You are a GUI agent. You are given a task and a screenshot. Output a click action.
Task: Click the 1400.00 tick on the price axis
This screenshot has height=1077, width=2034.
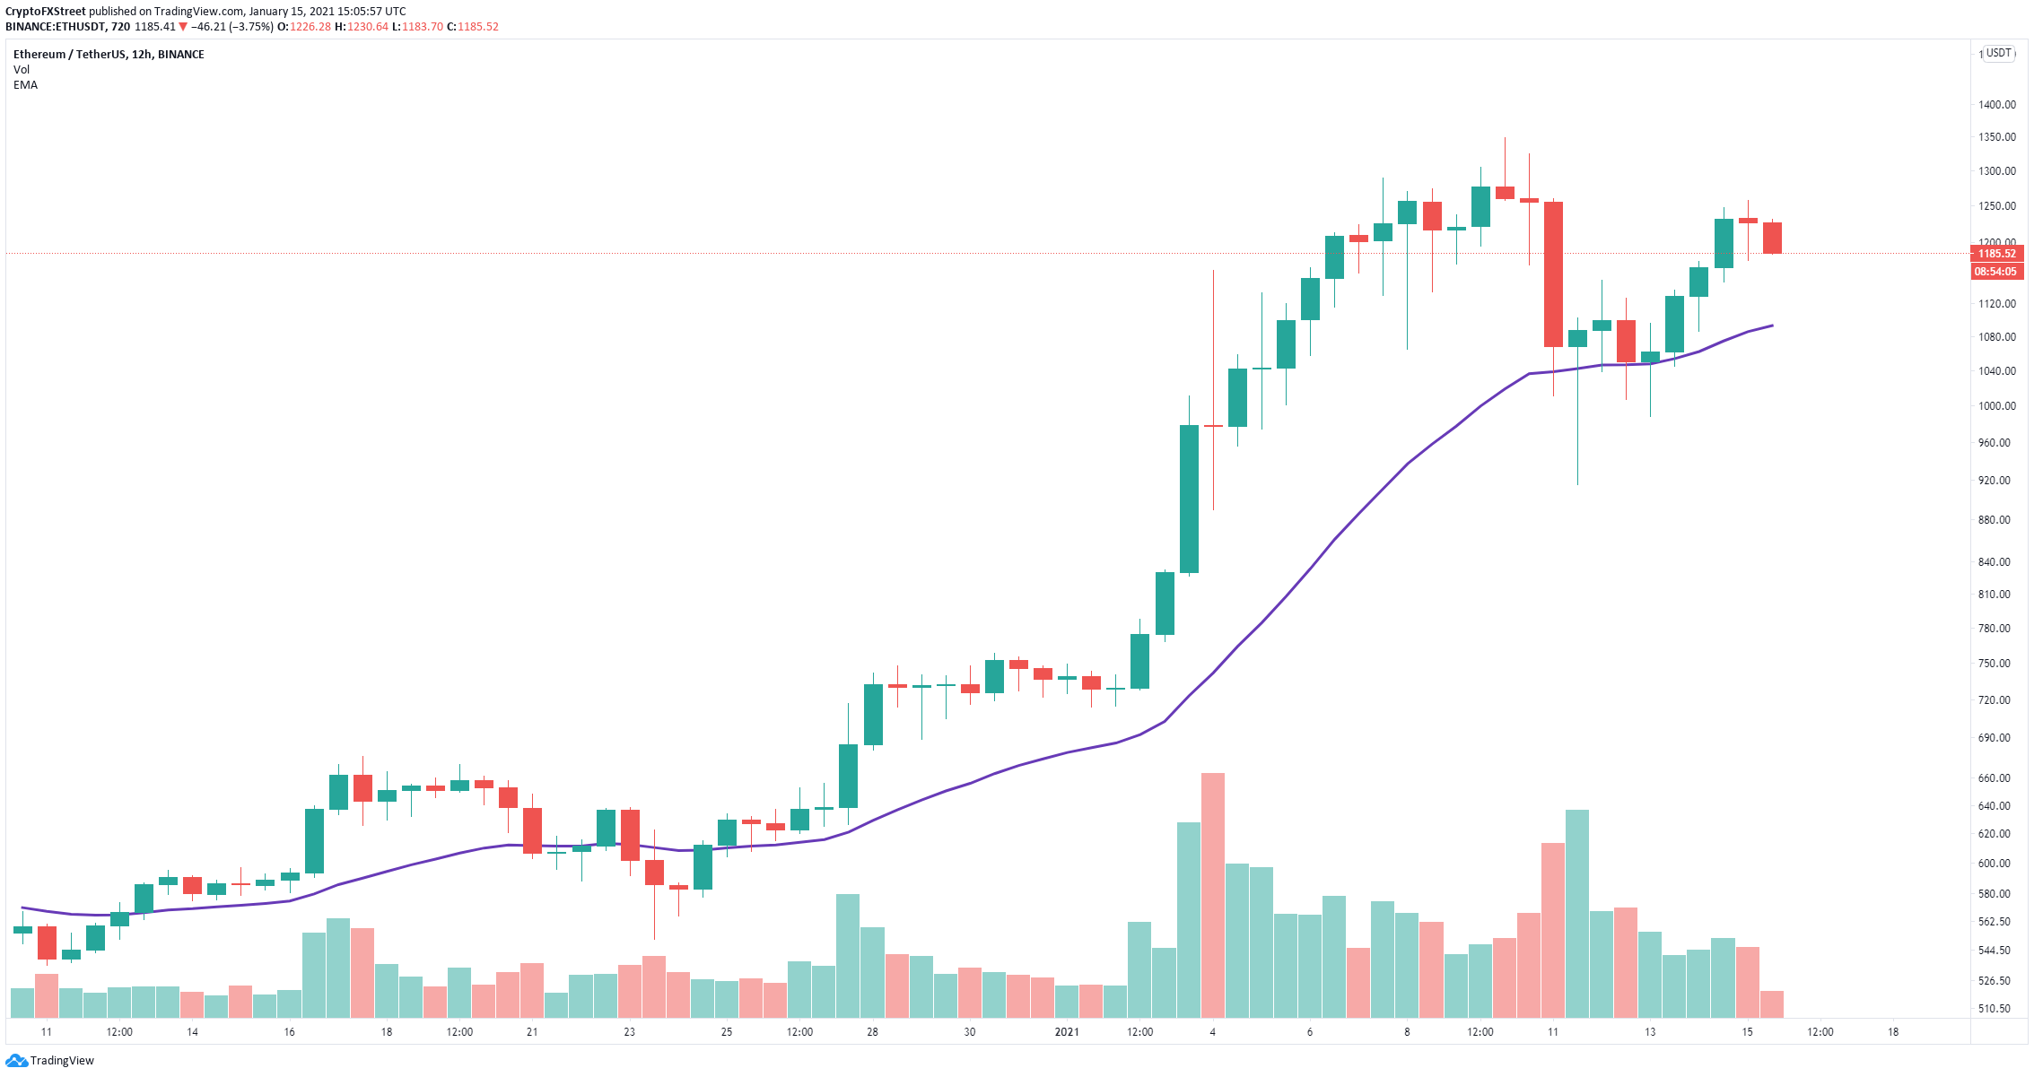pyautogui.click(x=1996, y=105)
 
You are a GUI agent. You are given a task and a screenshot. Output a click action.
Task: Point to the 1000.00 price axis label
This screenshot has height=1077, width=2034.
pyautogui.click(x=1996, y=406)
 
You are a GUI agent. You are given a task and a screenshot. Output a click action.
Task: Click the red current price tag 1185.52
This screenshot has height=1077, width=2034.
pyautogui.click(x=1997, y=254)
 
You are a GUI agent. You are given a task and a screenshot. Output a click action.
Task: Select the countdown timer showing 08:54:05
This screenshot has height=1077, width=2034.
pyautogui.click(x=1997, y=272)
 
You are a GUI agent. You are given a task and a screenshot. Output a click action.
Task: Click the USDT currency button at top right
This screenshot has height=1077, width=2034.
pyautogui.click(x=1999, y=53)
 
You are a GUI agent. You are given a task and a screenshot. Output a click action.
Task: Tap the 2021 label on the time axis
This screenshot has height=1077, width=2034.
pyautogui.click(x=1067, y=1032)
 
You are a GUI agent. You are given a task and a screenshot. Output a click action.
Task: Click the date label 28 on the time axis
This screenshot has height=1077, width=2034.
pyautogui.click(x=872, y=1032)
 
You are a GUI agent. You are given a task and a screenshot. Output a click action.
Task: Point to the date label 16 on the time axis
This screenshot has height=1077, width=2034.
pyautogui.click(x=289, y=1032)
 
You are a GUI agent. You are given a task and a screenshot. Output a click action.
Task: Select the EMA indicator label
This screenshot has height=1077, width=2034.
pyautogui.click(x=26, y=85)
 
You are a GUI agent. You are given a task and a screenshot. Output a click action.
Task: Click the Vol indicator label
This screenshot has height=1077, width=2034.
pyautogui.click(x=22, y=70)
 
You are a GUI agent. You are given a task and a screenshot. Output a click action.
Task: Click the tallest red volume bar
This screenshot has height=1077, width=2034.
pyautogui.click(x=1213, y=895)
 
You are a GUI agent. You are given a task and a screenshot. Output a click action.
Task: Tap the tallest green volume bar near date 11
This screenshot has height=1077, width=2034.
pyautogui.click(x=1577, y=914)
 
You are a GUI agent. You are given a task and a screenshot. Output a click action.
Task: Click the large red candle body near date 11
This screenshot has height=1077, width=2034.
pyautogui.click(x=1553, y=274)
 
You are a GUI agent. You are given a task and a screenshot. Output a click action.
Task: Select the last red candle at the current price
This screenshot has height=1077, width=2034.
pyautogui.click(x=1772, y=239)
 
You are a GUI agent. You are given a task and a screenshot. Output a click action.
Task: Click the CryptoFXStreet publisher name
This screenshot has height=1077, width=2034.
pyautogui.click(x=46, y=12)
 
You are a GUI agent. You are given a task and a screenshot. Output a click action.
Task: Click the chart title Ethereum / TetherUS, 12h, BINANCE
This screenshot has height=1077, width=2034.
pyautogui.click(x=109, y=55)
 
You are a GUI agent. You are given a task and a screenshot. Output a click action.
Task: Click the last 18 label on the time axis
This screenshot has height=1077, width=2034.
pyautogui.click(x=1893, y=1032)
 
